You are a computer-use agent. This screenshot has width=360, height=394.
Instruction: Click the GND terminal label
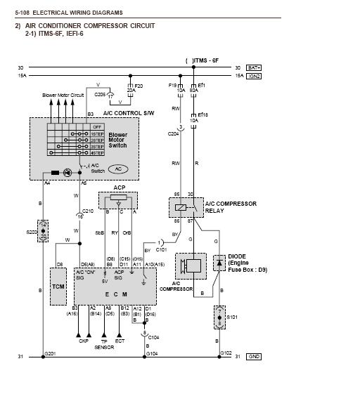click(x=254, y=357)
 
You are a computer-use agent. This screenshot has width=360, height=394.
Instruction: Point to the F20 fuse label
click(x=139, y=86)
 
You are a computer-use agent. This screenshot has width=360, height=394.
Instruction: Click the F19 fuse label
click(x=174, y=86)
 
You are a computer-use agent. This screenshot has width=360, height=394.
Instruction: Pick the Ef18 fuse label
click(x=202, y=114)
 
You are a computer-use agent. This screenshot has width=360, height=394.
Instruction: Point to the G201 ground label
click(x=50, y=353)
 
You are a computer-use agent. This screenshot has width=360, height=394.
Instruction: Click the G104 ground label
click(x=150, y=354)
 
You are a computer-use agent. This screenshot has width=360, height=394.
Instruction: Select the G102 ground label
click(x=226, y=353)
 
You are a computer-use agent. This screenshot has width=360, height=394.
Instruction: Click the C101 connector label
click(x=161, y=249)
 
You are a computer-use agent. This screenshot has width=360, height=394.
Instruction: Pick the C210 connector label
click(x=87, y=211)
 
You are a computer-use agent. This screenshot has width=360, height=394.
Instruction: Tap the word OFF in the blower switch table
click(x=97, y=126)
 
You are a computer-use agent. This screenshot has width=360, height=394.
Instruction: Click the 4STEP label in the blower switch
click(x=98, y=152)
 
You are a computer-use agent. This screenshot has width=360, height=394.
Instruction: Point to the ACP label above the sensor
click(x=119, y=188)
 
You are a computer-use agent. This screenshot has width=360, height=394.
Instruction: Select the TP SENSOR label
click(x=105, y=343)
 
